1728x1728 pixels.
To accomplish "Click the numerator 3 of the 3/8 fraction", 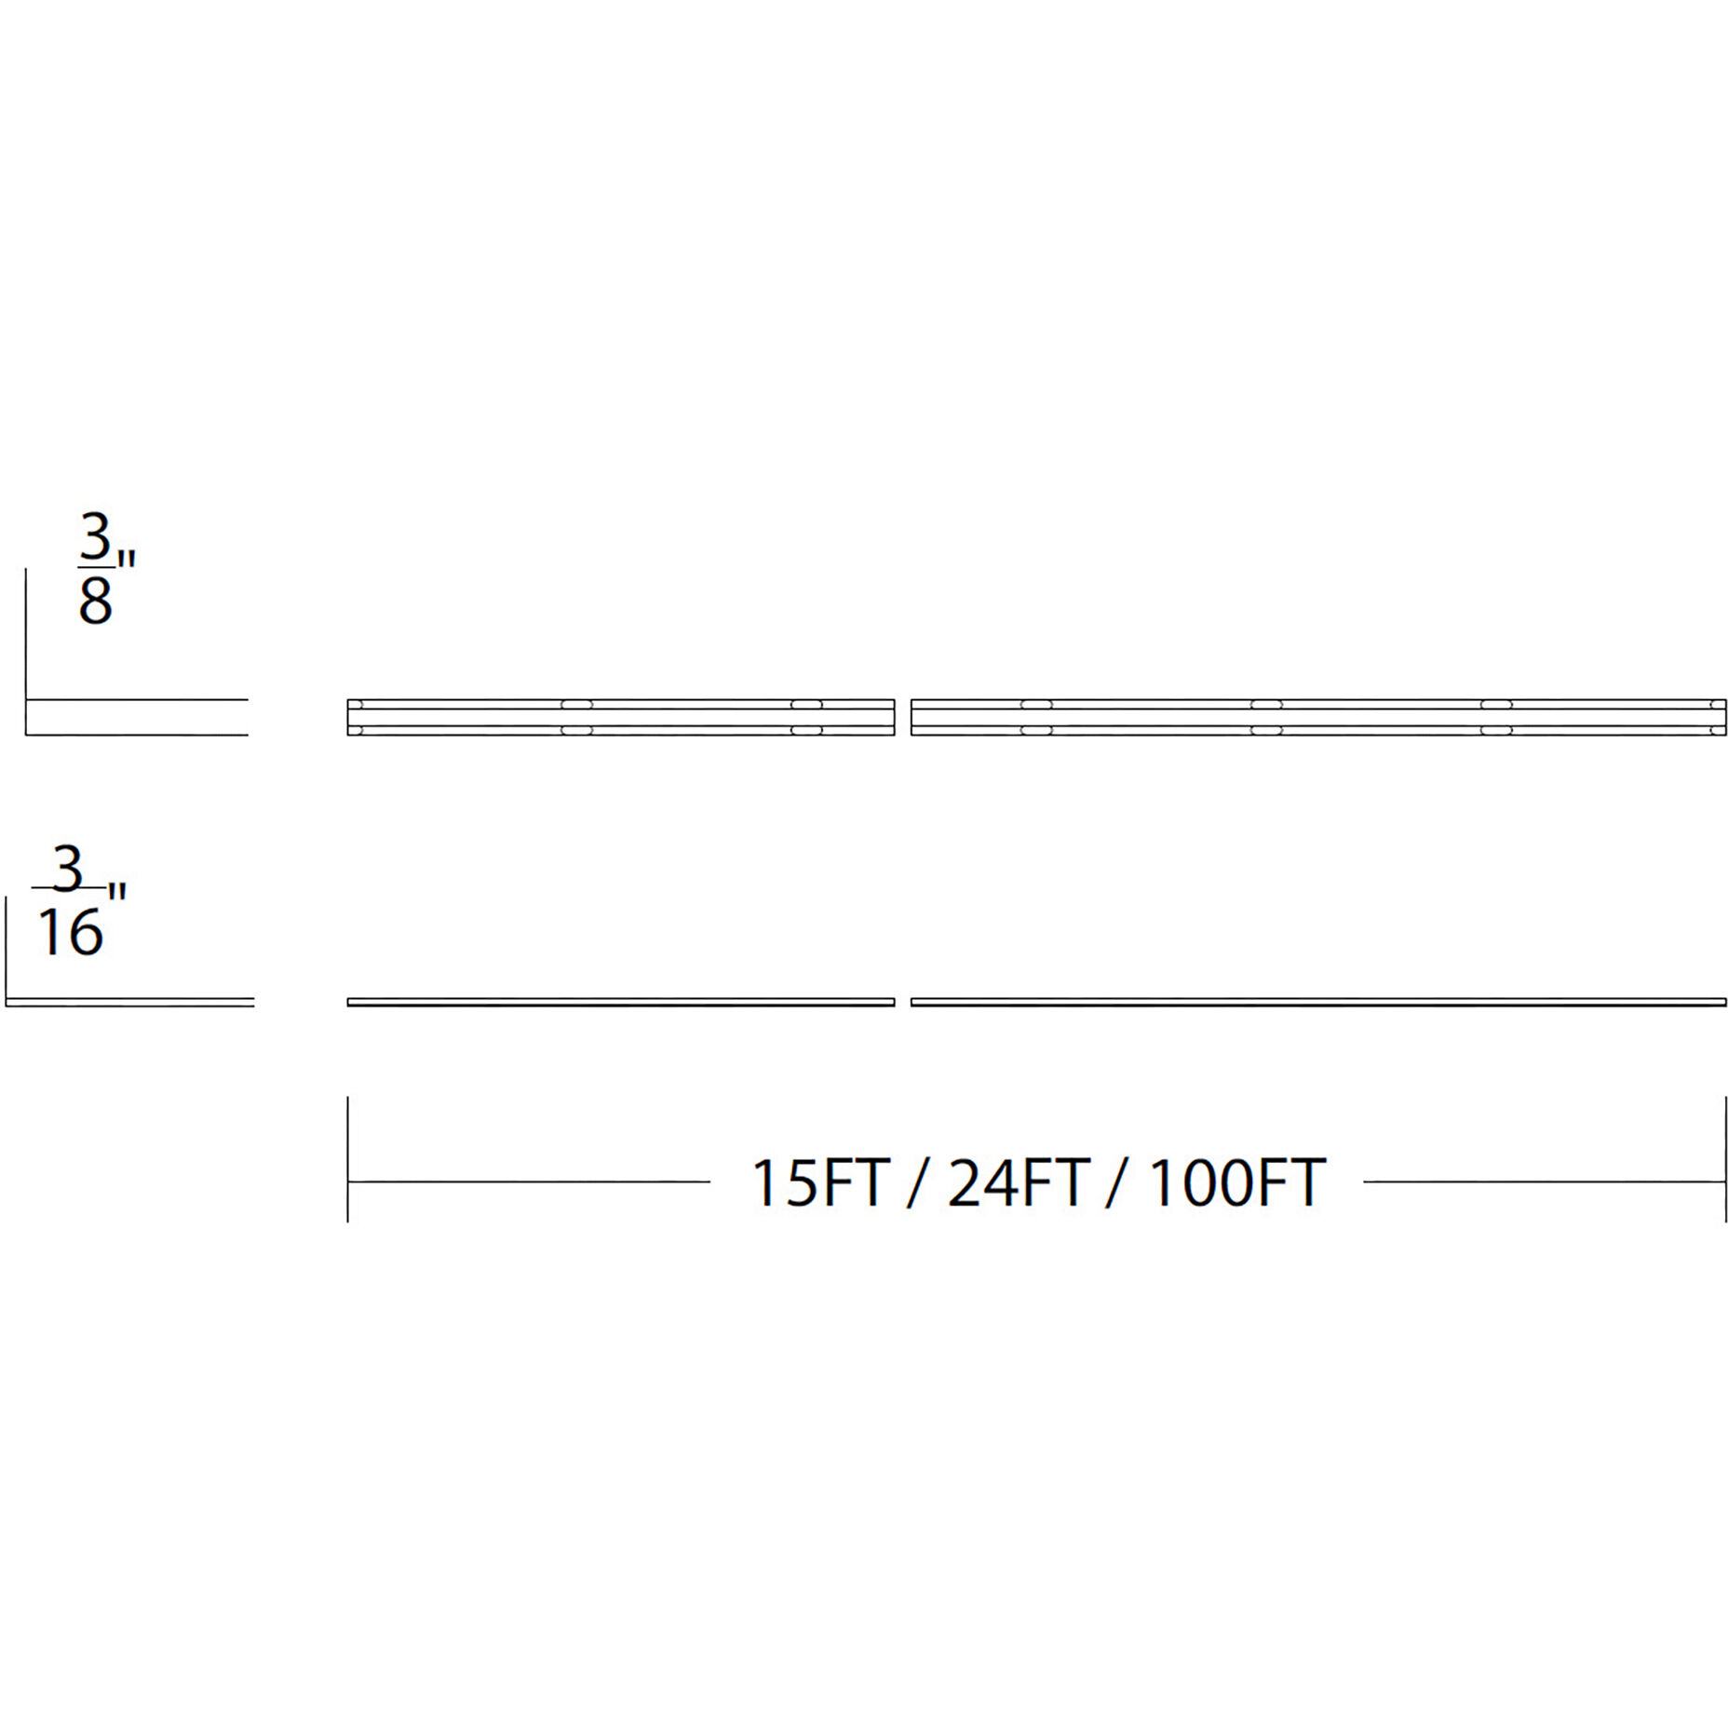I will tap(95, 538).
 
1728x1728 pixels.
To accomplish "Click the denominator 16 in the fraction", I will tap(70, 933).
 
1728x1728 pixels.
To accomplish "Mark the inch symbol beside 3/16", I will tap(116, 891).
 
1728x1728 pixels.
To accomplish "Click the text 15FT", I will tap(820, 1183).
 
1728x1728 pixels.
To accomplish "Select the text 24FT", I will tap(1018, 1183).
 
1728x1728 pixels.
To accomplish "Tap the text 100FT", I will tap(1236, 1183).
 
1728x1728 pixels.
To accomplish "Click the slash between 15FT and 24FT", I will tap(918, 1183).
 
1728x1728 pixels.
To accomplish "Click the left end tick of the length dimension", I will tap(348, 1159).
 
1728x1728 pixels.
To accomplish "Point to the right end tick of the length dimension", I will tap(1725, 1159).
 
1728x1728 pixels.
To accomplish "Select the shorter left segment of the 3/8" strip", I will tap(621, 717).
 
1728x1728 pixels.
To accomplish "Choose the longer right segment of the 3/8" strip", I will tap(1317, 717).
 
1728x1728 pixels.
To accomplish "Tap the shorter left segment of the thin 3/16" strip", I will tap(621, 1002).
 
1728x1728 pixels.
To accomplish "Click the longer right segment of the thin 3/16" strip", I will tap(1317, 1002).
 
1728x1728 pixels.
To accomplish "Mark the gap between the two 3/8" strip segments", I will tap(903, 717).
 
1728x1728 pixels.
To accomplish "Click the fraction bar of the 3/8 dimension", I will tap(95, 565).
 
